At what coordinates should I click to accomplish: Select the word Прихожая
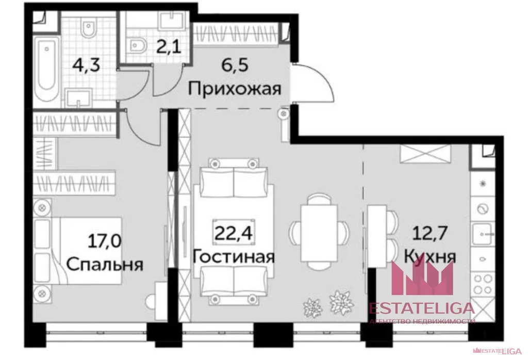pos(234,89)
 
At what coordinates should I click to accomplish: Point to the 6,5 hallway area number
pos(234,67)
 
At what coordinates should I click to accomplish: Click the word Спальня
pos(105,264)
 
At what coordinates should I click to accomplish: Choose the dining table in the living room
pos(320,229)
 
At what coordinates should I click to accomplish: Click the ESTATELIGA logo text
pos(421,308)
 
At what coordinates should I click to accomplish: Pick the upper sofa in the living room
pos(234,179)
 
